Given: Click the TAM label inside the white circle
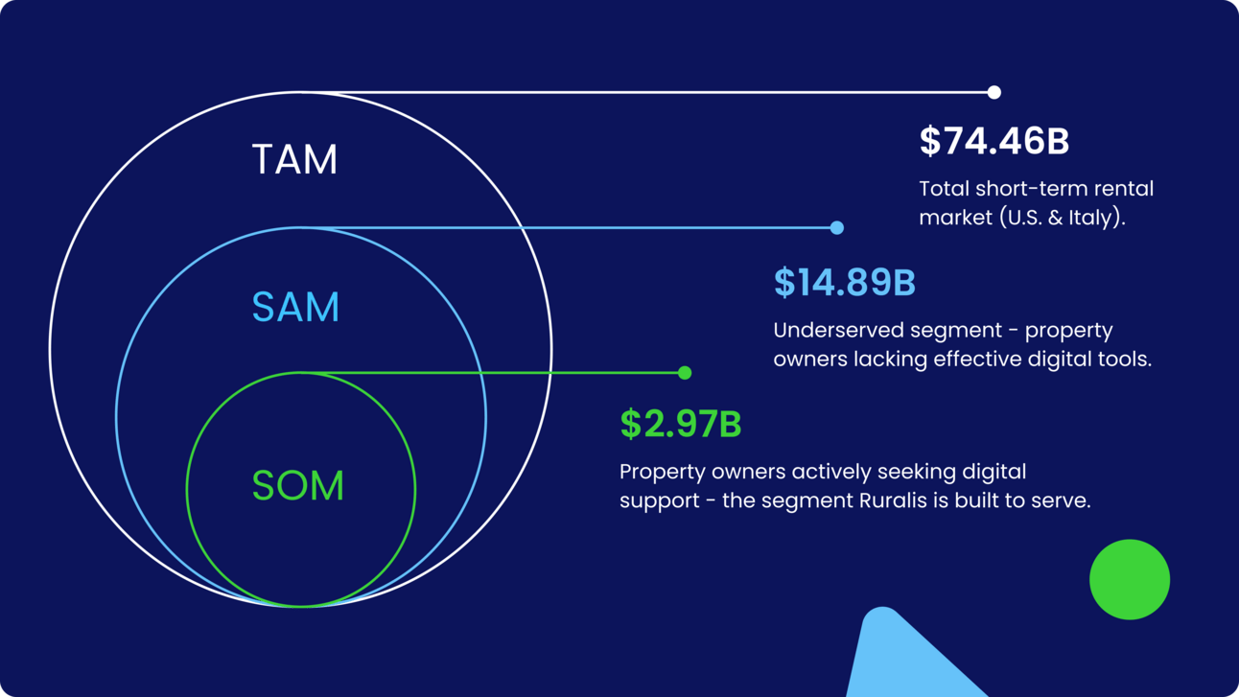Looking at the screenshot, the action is tap(294, 159).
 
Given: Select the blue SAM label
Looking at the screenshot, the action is tap(295, 307).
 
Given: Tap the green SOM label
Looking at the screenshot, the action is tap(297, 485).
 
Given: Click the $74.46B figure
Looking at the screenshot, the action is tap(994, 141).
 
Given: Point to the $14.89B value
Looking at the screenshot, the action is tap(845, 282).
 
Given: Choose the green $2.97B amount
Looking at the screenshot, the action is tap(680, 424).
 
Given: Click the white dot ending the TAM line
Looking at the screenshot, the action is tap(994, 92).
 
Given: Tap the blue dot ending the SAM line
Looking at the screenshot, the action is tap(837, 227).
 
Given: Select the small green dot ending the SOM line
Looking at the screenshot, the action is tap(685, 373).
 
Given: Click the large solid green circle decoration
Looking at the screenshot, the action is tap(1130, 579).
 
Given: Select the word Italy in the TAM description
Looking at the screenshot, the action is tap(1089, 218).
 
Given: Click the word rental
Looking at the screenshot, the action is tap(1125, 189).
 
